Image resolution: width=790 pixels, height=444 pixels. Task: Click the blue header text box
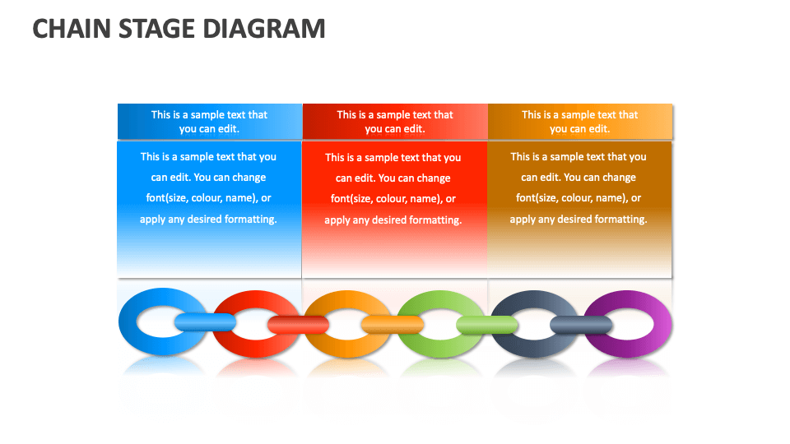tap(210, 122)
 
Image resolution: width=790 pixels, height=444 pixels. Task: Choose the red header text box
tap(395, 122)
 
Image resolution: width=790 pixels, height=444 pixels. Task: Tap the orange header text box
tap(580, 122)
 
